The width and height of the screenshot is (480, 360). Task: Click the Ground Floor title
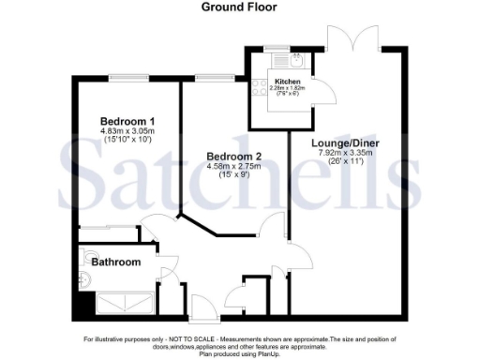(239, 7)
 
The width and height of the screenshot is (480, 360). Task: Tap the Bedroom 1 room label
(127, 122)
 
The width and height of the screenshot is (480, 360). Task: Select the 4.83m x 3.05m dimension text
(127, 132)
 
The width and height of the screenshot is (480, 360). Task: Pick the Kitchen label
(287, 82)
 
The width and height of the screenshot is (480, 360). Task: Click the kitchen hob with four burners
(256, 86)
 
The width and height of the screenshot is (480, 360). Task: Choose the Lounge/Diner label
(346, 142)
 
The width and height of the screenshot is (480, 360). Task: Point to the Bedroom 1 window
(124, 77)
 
